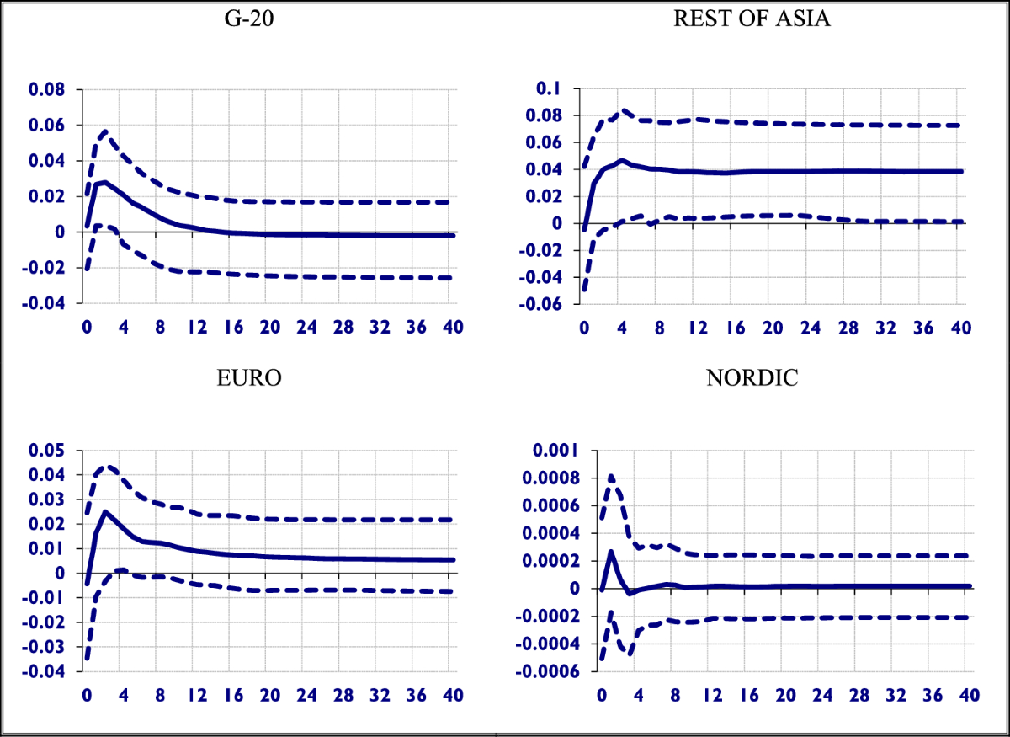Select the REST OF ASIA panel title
coord(752,19)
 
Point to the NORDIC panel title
coord(752,377)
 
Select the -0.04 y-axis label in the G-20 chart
coord(52,303)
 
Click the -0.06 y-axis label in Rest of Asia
coord(547,305)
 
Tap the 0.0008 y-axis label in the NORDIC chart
coord(543,478)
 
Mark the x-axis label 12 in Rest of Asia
coord(698,328)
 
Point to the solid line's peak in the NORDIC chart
coord(611,552)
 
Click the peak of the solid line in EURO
coord(105,511)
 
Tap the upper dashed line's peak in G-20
coord(104,131)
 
